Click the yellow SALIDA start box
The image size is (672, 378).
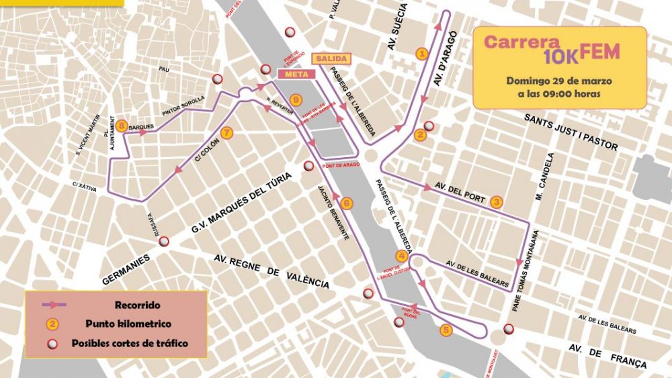coord(330,59)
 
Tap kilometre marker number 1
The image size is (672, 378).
coord(422,54)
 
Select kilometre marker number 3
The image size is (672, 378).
coord(496,201)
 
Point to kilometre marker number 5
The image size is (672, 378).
coord(446,330)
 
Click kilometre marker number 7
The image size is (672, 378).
coord(226,132)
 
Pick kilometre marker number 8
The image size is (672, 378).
coord(121,126)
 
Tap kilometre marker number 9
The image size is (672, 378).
coord(295,101)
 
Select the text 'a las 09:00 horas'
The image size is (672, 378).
coord(559,94)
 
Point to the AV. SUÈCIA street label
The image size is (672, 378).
coord(394,32)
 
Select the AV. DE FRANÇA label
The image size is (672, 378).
coord(607,356)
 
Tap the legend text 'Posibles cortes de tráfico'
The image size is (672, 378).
coord(130,344)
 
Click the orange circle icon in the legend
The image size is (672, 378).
coord(53,324)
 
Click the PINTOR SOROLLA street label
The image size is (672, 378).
coord(183,107)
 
